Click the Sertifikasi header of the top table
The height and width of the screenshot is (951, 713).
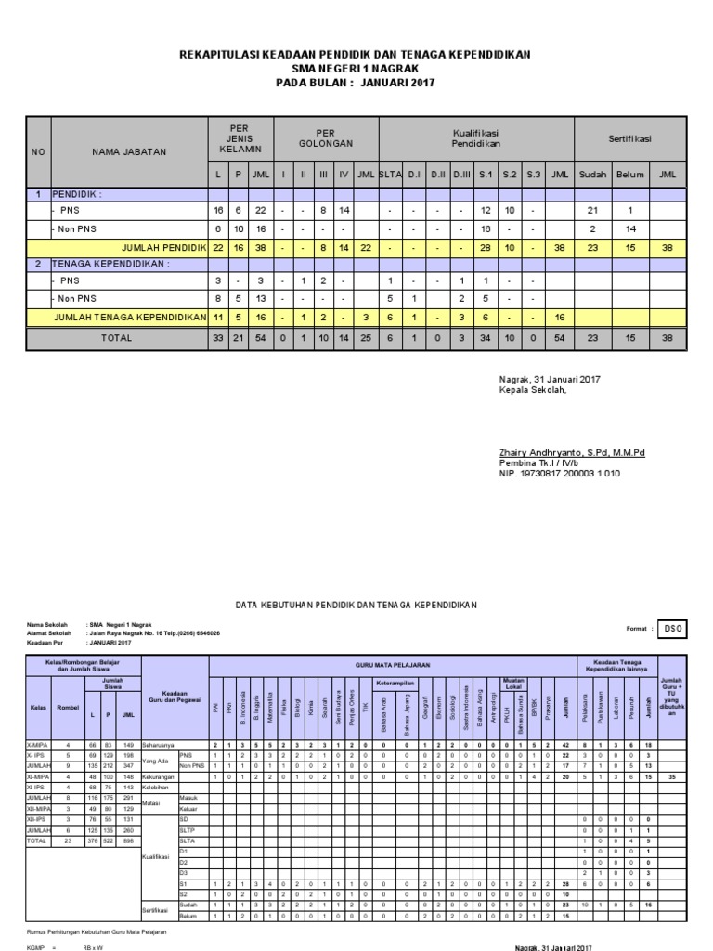click(x=629, y=138)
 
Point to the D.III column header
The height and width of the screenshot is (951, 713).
click(x=461, y=174)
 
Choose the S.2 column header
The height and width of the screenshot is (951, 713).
click(x=509, y=174)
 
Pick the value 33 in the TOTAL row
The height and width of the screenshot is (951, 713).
click(x=218, y=339)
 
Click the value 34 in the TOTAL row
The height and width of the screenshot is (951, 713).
click(x=485, y=339)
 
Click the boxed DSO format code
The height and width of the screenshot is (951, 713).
click(x=672, y=629)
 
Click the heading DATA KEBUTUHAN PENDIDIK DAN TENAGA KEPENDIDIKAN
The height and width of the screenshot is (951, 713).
click(x=356, y=605)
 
